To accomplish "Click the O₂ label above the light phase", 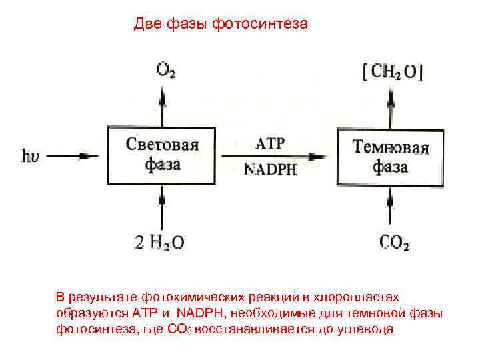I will pos(166,69).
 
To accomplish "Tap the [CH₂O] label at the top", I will pos(391,71).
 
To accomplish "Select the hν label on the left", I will pos(33,157).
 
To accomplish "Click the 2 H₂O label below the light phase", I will pos(160,243).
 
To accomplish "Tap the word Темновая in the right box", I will pos(390,147).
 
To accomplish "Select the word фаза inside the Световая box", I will pos(162,165).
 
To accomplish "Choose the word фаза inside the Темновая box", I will pos(390,167).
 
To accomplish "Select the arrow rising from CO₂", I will pos(391,208).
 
